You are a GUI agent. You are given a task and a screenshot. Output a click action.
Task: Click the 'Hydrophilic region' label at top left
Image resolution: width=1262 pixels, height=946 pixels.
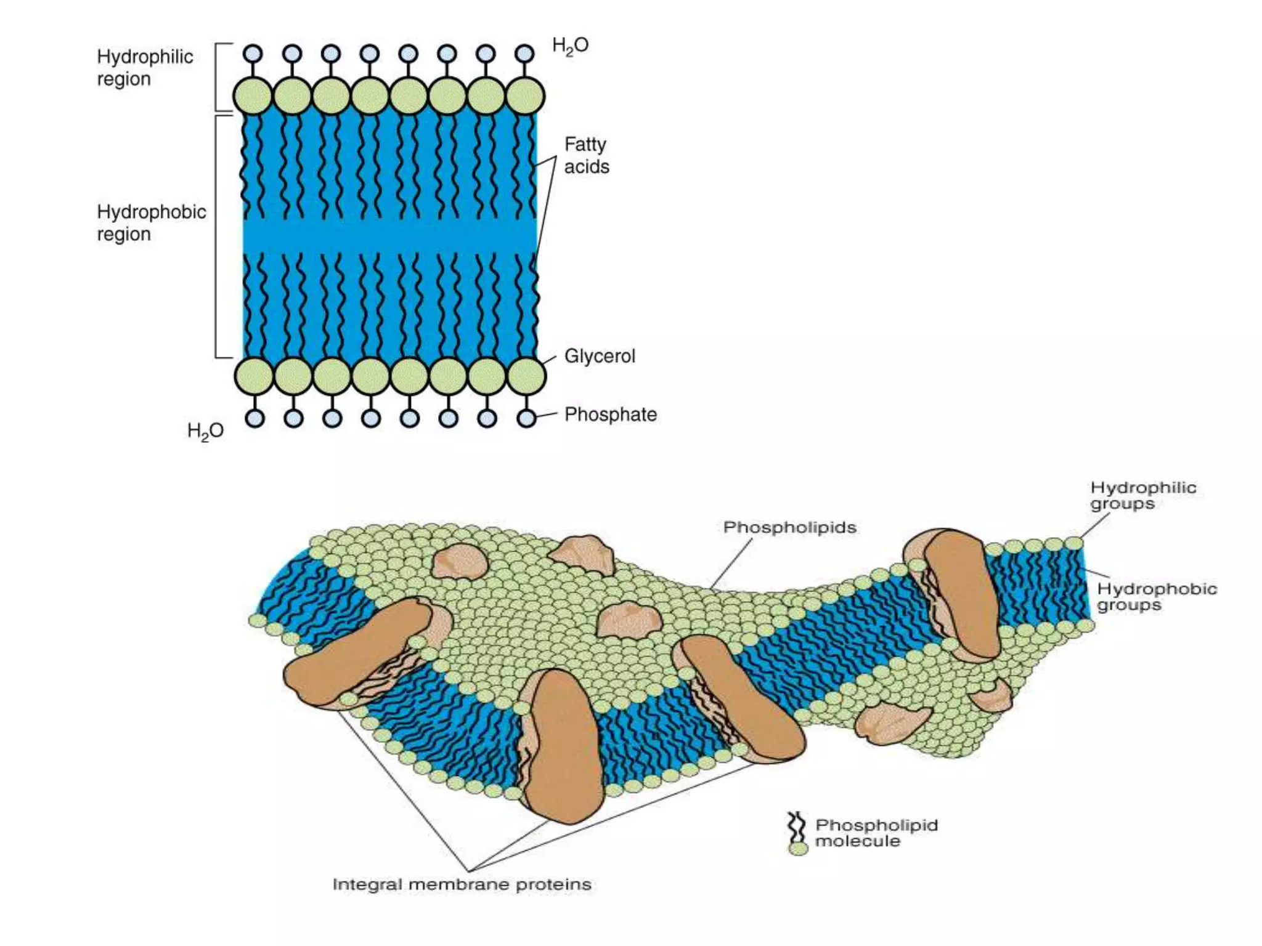[x=145, y=68]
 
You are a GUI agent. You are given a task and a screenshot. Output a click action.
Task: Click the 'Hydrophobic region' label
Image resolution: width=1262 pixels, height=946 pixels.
[x=151, y=223]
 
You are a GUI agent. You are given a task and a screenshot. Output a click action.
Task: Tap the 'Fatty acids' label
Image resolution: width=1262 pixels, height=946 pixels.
[x=586, y=155]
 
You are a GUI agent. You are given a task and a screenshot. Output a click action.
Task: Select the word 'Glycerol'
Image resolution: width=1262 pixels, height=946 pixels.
[x=600, y=357]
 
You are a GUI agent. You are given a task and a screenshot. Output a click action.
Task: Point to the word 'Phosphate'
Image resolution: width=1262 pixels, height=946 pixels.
[x=611, y=414]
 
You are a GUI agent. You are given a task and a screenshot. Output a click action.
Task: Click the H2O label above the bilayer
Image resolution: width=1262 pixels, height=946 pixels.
[x=570, y=46]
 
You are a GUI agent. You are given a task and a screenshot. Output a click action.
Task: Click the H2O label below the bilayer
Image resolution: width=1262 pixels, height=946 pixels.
[x=205, y=431]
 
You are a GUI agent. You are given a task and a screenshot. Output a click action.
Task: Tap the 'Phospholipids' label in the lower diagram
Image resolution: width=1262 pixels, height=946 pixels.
[x=789, y=528]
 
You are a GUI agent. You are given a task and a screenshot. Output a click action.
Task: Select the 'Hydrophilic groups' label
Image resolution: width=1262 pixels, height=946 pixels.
[x=1143, y=496]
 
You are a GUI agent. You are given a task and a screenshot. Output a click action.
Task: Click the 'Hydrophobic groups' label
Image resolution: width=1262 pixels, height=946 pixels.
[x=1157, y=597]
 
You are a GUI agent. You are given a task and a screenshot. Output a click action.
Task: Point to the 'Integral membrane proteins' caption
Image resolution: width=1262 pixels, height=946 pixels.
[x=462, y=885]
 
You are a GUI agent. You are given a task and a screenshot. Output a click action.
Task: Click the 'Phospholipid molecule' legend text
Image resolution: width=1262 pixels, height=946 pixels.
[x=876, y=833]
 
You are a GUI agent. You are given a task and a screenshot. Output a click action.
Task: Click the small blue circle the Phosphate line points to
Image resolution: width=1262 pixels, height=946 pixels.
[x=526, y=419]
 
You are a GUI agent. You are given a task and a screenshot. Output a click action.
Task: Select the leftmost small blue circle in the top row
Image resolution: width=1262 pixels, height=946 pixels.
[x=253, y=54]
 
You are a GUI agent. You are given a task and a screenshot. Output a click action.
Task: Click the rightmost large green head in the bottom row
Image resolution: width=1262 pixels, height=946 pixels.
[x=526, y=376]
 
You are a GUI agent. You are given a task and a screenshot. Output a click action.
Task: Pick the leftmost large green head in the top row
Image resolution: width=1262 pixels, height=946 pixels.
[x=253, y=97]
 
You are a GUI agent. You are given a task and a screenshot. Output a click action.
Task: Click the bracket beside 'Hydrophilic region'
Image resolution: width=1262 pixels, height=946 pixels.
[x=217, y=77]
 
